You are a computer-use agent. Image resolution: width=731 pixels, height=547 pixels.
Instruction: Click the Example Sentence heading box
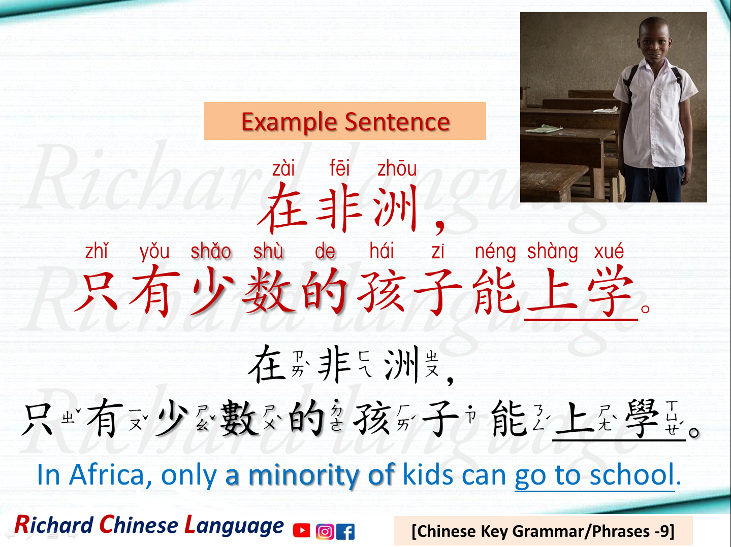click(345, 121)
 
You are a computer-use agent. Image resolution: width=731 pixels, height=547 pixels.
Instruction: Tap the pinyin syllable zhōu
click(397, 168)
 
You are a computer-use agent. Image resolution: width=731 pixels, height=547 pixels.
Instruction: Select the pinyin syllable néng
click(495, 252)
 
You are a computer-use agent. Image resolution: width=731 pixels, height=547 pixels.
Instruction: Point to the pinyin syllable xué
click(609, 251)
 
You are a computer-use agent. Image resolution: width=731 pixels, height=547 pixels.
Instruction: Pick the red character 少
click(212, 292)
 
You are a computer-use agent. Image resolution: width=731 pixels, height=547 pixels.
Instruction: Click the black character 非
click(334, 364)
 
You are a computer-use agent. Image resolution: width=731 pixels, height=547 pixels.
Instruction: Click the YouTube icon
click(301, 530)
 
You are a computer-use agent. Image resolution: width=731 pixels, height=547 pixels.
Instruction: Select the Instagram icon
click(324, 531)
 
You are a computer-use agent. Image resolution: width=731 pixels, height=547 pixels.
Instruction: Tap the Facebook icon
click(345, 531)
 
